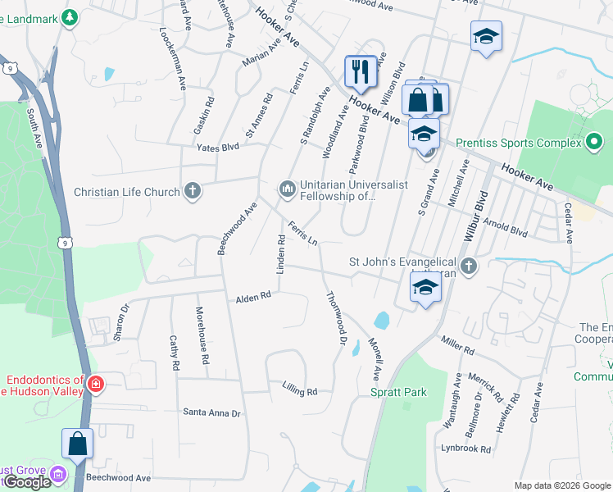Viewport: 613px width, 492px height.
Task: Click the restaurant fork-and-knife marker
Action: coord(360,71)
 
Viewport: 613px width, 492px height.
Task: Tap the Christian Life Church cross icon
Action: coord(192,192)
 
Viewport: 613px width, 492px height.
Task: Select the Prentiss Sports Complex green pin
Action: coord(595,143)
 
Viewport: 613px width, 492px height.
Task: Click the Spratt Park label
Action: coord(397,392)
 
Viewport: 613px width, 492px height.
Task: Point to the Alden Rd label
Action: coord(253,298)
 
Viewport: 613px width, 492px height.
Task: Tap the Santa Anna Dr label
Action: coord(211,412)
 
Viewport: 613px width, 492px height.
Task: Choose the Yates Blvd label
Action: coord(217,148)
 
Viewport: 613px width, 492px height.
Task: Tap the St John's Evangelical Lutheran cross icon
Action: coord(467,265)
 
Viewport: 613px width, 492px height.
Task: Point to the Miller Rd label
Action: coord(457,345)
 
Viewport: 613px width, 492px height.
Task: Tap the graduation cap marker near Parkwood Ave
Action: coord(486,37)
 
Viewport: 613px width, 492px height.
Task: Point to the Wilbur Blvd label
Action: coord(477,216)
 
